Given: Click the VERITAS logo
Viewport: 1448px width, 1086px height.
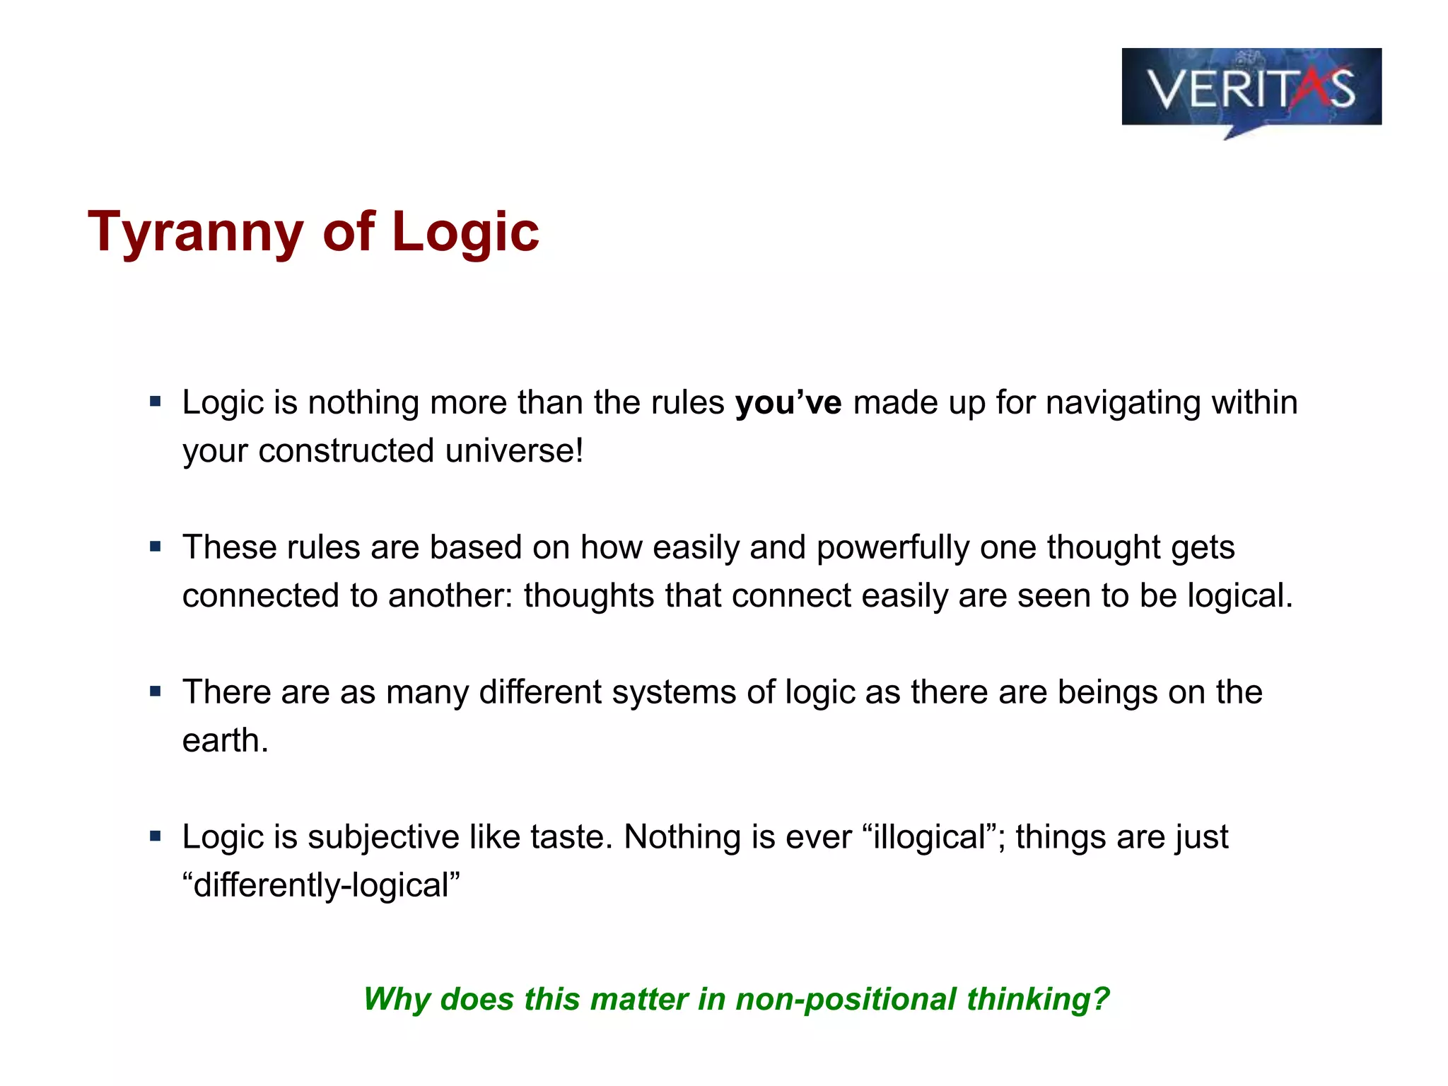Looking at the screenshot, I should (1251, 88).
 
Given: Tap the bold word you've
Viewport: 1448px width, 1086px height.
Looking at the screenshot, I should (788, 403).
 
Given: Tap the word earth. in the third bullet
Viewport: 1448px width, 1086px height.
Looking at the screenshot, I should (225, 741).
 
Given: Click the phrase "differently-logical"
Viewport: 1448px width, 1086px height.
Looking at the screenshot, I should (321, 885).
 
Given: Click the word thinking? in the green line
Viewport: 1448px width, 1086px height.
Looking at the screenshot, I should (1038, 1000).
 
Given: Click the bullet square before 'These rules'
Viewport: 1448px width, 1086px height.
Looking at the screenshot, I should (156, 547).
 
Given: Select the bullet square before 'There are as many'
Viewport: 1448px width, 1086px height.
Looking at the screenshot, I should (156, 691).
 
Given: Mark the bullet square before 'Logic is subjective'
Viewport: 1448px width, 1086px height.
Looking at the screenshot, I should (156, 837).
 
